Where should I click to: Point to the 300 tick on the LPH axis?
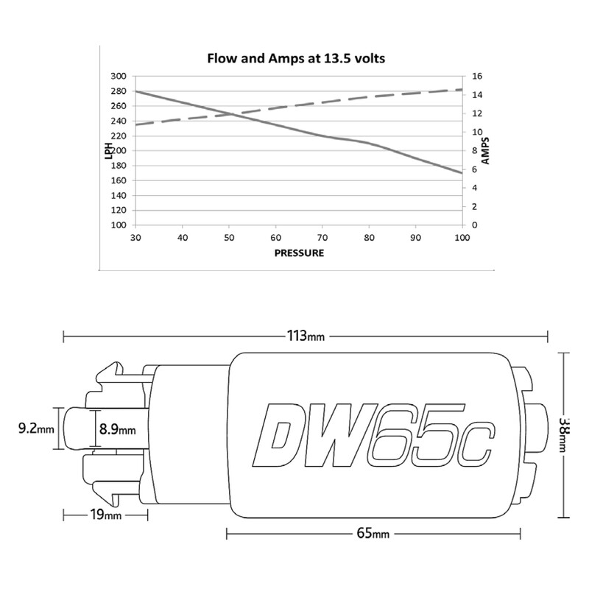(x=118, y=77)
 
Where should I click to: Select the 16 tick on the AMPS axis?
(x=477, y=77)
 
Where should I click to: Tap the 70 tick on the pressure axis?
(x=322, y=238)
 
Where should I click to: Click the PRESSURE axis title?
(x=298, y=252)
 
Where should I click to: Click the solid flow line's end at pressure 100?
(x=462, y=173)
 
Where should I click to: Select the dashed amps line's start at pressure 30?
(x=135, y=124)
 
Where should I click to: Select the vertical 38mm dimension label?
(x=563, y=434)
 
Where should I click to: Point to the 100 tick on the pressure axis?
(x=462, y=238)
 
